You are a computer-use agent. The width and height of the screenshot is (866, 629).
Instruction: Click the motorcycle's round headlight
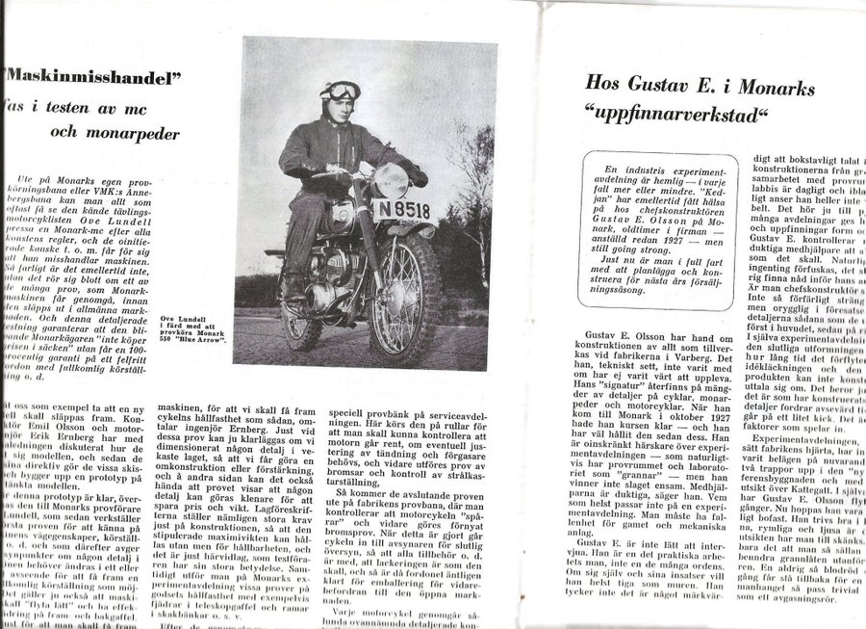click(x=391, y=181)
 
